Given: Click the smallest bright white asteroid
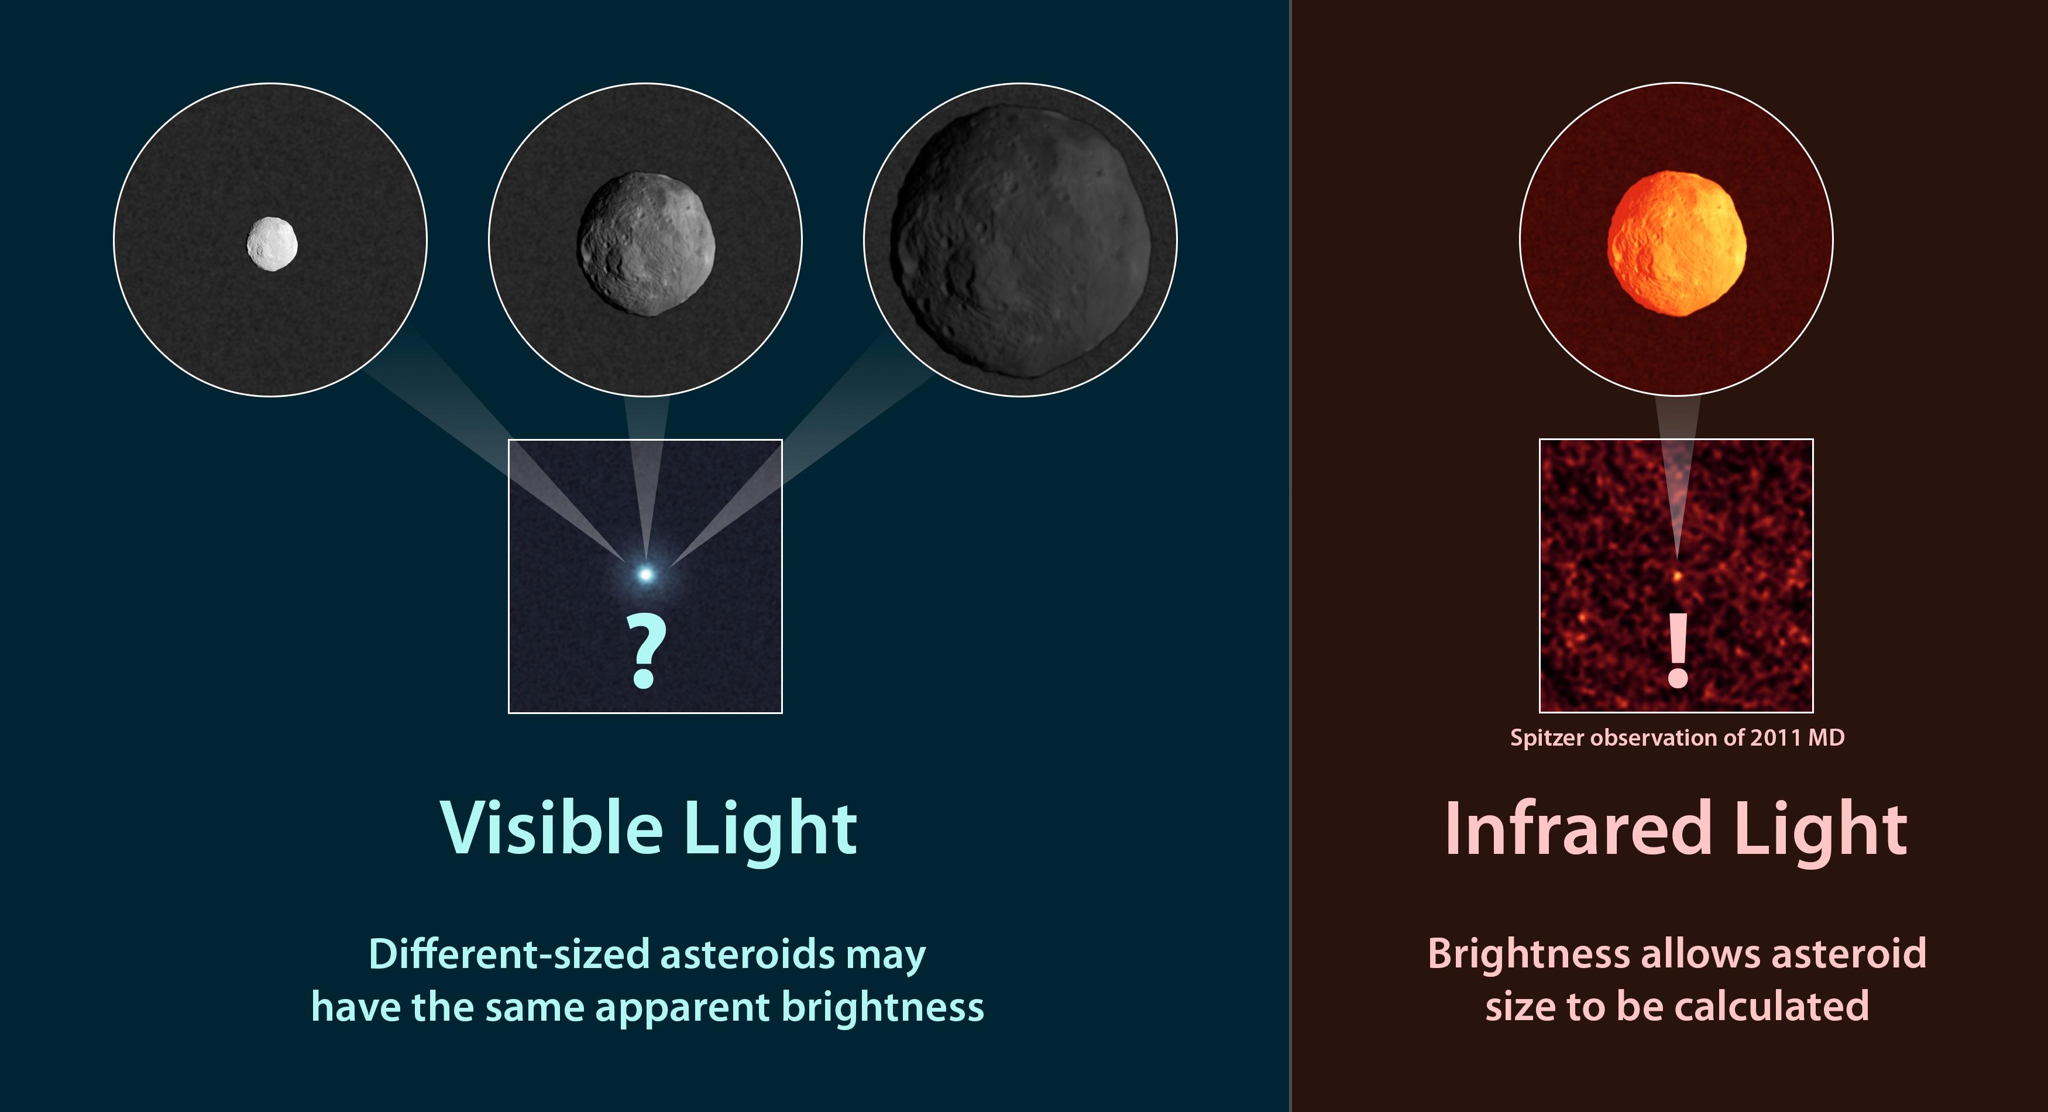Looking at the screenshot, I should pos(272,244).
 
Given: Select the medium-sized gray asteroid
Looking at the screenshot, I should pos(645,244).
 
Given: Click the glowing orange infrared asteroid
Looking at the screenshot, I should pos(1676,243).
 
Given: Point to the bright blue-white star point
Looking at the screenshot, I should pos(645,574).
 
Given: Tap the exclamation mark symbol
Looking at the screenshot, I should pos(1678,650).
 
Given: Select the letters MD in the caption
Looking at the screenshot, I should pos(1826,738).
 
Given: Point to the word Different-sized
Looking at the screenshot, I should pos(509,954).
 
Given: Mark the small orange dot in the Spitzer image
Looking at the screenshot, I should pos(1678,574).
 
